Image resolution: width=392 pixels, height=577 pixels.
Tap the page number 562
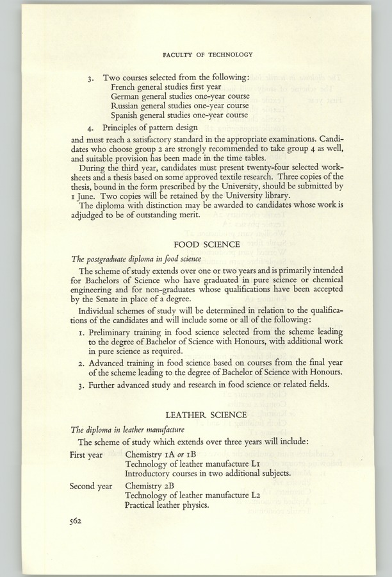78,521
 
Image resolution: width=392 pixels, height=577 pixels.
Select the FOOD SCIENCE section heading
208,244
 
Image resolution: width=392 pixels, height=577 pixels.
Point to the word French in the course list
125,87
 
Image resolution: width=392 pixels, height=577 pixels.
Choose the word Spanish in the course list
127,115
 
